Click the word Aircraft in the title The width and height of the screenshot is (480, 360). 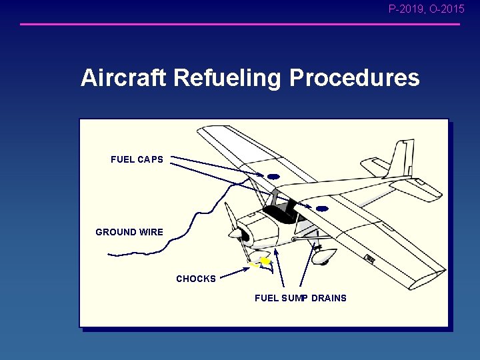coord(124,78)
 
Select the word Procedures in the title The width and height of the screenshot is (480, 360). coord(354,78)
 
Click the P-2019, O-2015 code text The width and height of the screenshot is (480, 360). coord(427,9)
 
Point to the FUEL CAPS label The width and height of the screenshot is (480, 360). coord(137,159)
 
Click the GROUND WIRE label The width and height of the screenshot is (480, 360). coord(129,232)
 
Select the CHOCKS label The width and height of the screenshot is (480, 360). coord(196,279)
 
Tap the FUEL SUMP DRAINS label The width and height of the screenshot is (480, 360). coord(301,298)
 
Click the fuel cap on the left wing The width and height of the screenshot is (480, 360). coord(273,177)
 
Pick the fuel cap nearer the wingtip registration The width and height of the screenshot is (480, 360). coord(322,209)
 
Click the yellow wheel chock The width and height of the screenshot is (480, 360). coord(265,262)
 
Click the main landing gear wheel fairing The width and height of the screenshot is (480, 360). coord(325,255)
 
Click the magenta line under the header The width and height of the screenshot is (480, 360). coord(240,25)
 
